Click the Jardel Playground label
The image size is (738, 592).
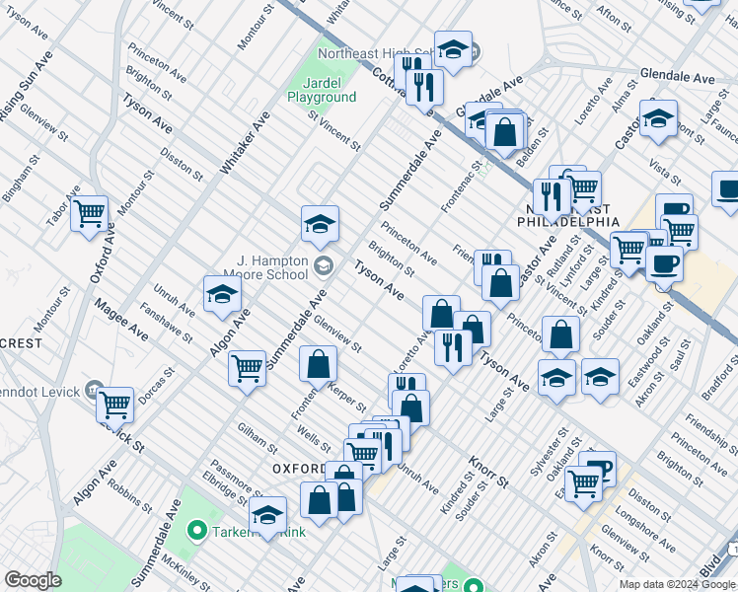point(322,90)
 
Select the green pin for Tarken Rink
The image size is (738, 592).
point(196,531)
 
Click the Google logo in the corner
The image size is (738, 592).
point(33,580)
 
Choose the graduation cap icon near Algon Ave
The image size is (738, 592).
point(223,294)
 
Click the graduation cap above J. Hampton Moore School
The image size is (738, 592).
point(320,224)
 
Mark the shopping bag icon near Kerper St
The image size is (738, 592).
point(319,365)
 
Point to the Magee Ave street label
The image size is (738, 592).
point(121,321)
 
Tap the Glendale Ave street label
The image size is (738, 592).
point(677,77)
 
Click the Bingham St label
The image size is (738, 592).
point(21,178)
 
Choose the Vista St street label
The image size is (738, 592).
point(664,170)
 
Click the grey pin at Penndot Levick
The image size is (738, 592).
point(95,387)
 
